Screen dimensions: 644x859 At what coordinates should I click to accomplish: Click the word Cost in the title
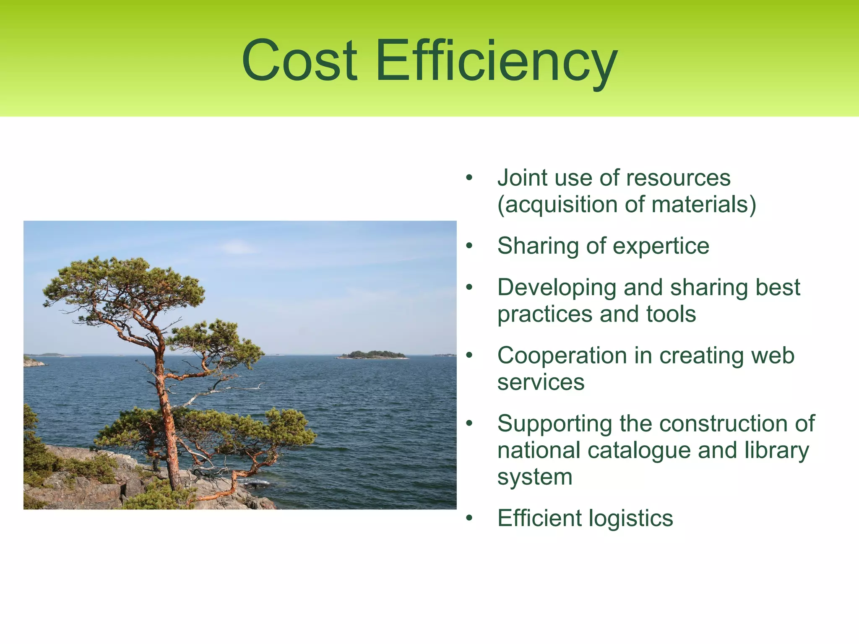point(299,60)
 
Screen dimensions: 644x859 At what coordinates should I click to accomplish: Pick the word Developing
point(557,288)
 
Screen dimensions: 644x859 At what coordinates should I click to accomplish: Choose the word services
point(541,382)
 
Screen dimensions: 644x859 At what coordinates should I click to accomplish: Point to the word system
point(535,477)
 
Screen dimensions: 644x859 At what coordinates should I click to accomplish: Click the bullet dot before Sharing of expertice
point(469,247)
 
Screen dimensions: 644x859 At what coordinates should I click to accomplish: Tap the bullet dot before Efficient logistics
point(469,519)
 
